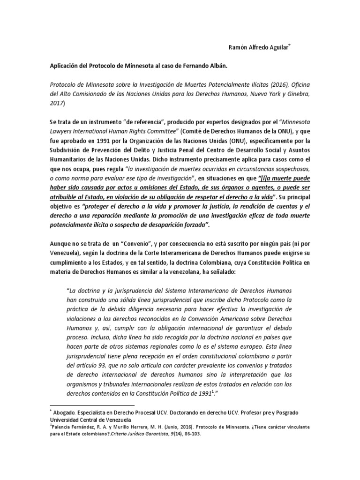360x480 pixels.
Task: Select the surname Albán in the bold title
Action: coord(216,66)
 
